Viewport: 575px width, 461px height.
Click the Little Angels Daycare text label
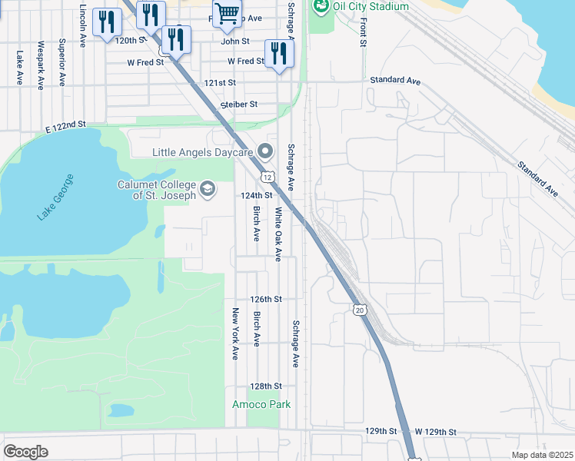point(203,152)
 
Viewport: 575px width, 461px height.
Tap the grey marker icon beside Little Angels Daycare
point(266,151)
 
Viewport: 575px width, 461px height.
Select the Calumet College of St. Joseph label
point(156,190)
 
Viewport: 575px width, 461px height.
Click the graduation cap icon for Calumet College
point(208,188)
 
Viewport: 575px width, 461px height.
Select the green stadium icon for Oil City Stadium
point(321,7)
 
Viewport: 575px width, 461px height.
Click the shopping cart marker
point(227,13)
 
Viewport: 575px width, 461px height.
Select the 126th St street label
point(267,299)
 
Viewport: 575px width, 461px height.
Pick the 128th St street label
point(267,386)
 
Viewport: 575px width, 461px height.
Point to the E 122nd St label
point(65,127)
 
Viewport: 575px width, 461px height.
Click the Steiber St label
point(238,104)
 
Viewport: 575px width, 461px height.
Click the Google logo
point(25,452)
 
